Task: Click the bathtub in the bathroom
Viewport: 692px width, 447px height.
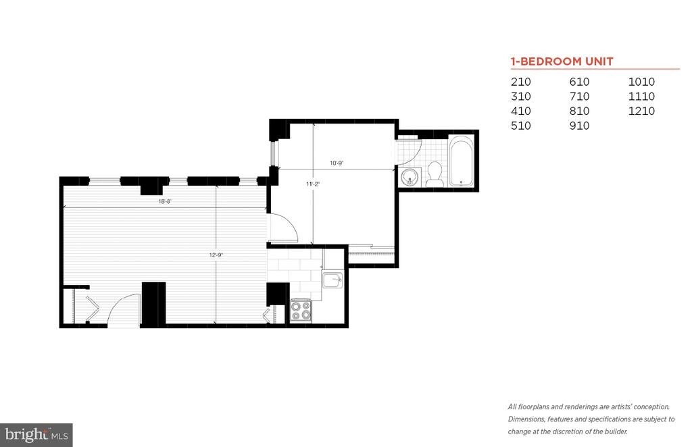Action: pos(461,161)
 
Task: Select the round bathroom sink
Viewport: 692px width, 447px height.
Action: pos(410,177)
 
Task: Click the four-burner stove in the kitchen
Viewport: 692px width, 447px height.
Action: pos(301,311)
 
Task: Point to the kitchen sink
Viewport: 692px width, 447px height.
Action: pos(332,280)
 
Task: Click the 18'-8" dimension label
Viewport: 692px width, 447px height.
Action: pos(165,201)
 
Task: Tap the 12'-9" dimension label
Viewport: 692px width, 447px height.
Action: pos(216,255)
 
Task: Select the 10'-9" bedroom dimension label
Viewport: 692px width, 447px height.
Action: pos(337,163)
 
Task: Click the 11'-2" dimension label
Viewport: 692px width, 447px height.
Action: pos(312,184)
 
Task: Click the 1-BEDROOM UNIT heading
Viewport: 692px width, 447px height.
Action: pos(562,61)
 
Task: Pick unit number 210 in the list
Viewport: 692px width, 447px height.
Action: pos(521,82)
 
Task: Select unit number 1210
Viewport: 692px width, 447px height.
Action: pos(641,111)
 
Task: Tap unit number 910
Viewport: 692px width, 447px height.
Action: pos(579,126)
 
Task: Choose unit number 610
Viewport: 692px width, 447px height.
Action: pos(579,82)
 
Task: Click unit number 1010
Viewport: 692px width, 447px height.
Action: pos(641,82)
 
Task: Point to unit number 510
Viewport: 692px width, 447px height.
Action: pos(521,126)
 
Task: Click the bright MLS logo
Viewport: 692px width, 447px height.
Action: pos(36,435)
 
